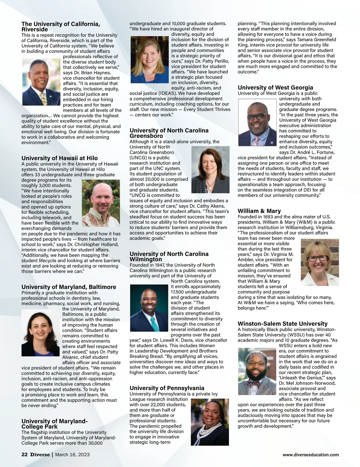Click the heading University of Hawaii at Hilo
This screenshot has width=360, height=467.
point(59,158)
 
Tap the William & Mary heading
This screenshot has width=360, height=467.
point(259,211)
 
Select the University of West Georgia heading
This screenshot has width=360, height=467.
point(275,88)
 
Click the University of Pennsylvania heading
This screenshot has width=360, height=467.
point(167,388)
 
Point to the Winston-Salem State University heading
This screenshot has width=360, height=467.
point(282,323)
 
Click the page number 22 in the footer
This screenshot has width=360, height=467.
point(24,454)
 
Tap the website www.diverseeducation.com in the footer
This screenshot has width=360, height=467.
point(310,455)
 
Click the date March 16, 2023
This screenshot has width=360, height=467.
point(72,454)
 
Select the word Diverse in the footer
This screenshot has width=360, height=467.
point(40,454)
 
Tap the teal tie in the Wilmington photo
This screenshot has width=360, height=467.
point(154,323)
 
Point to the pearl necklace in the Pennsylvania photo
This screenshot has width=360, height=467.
point(207,433)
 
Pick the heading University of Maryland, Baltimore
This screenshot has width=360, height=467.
point(69,287)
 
